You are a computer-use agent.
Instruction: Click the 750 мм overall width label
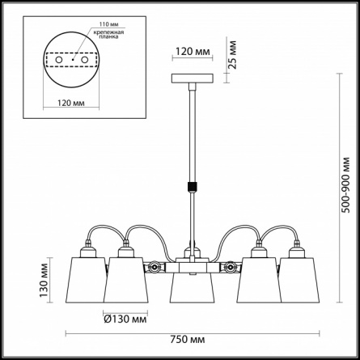tap(187, 340)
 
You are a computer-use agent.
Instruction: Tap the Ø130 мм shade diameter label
tap(125, 320)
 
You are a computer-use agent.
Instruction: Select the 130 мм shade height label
tap(44, 280)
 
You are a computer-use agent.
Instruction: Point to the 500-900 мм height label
tap(345, 185)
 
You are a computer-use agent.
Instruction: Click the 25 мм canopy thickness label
tap(231, 55)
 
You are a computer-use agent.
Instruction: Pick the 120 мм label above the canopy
tap(193, 52)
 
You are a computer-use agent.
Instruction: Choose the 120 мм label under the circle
tap(71, 103)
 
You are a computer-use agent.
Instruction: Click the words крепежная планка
tap(108, 35)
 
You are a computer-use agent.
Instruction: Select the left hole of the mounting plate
tap(59, 60)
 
